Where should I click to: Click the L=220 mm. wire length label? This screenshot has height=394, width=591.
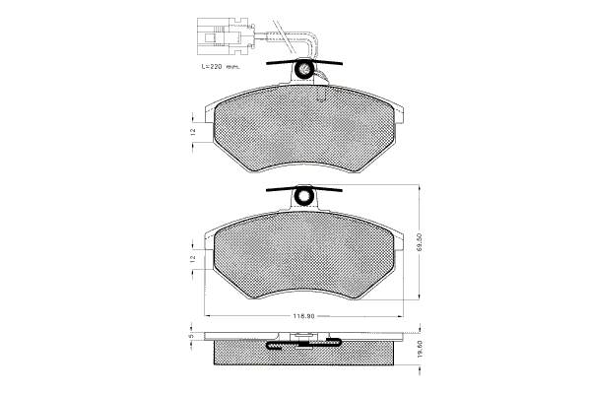tap(221, 67)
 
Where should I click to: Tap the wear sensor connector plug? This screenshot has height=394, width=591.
tap(226, 37)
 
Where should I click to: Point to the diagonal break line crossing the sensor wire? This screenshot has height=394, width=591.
tap(284, 36)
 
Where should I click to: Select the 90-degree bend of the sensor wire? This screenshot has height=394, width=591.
tap(313, 39)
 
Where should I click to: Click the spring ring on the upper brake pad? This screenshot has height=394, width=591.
tap(303, 69)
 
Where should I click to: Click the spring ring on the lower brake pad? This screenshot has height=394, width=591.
tap(303, 195)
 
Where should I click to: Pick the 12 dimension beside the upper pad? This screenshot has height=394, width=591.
tap(193, 132)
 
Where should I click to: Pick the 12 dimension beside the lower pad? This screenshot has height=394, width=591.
tap(193, 258)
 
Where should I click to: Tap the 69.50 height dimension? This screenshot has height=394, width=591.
tap(422, 242)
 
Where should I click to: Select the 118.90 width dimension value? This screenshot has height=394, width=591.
tap(303, 316)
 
